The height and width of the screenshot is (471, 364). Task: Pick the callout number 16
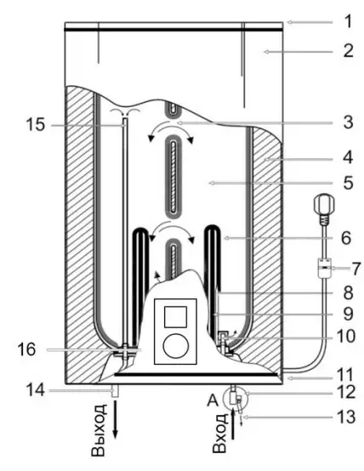point(28,348)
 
